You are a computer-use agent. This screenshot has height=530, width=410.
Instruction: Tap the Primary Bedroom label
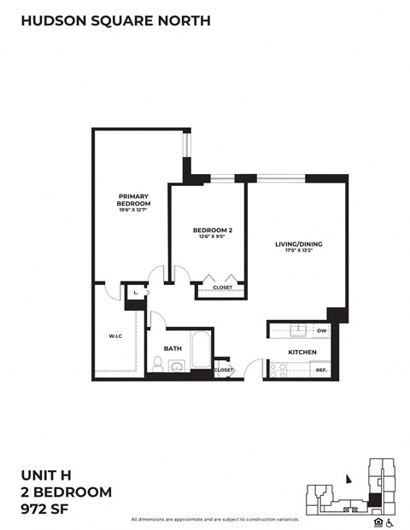click(x=134, y=201)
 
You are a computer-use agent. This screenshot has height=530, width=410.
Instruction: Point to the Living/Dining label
click(x=298, y=246)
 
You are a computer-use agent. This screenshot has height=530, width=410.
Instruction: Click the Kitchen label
click(x=302, y=352)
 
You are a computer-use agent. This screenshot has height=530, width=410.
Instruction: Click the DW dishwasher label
click(x=322, y=330)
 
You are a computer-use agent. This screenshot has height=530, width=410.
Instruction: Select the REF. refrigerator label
click(x=321, y=370)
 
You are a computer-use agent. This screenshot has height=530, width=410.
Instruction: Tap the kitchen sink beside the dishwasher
click(x=298, y=330)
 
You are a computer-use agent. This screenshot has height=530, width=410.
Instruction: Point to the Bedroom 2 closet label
click(x=222, y=288)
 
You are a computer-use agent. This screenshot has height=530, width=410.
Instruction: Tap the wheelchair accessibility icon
click(x=389, y=522)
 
